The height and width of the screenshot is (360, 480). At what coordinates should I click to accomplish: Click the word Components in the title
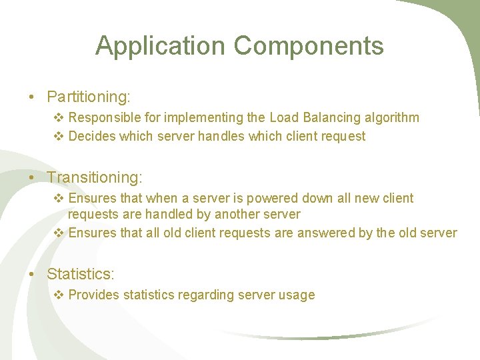coord(309,46)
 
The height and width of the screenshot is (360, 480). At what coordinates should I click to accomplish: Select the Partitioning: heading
coord(88,97)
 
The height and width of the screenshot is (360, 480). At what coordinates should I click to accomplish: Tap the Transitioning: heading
coord(95,178)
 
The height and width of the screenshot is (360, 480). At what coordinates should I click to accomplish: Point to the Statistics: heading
coord(81,274)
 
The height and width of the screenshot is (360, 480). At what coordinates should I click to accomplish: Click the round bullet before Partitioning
coord(32,97)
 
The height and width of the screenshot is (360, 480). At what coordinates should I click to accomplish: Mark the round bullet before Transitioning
coord(32,178)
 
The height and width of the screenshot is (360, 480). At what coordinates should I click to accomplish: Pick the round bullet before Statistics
coord(32,274)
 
